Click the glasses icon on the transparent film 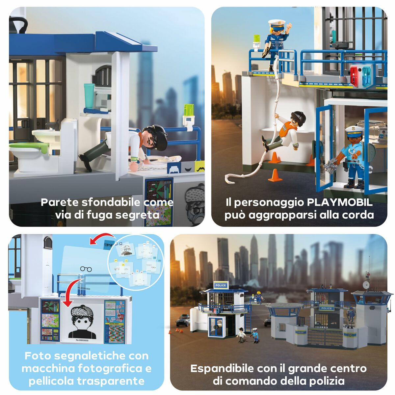[x=86, y=269]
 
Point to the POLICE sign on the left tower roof [x=220, y=285]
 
